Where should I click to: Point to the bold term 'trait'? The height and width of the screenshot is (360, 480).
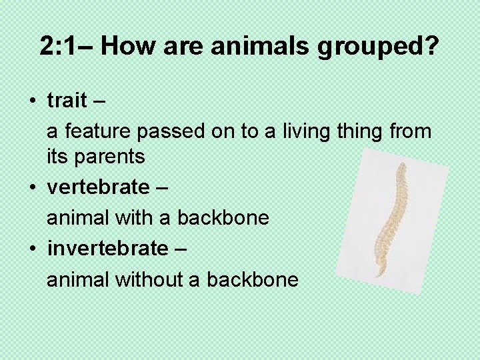coord(67,101)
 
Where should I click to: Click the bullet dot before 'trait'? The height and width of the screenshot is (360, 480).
coord(32,101)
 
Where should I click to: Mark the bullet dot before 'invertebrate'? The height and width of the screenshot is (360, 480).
coord(32,249)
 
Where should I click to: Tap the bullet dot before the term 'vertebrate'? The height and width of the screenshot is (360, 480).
coord(32,188)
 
